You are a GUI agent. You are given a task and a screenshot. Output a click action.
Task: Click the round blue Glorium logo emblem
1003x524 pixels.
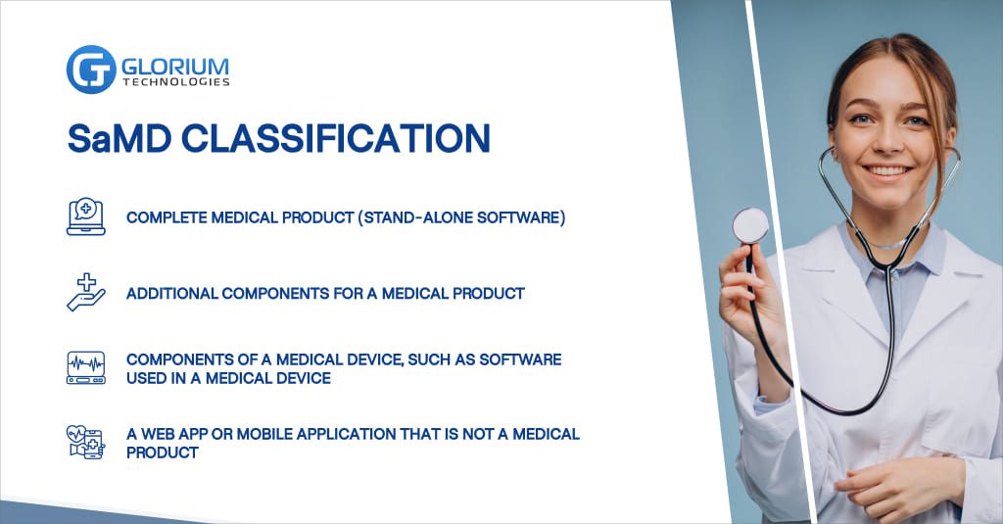(91, 70)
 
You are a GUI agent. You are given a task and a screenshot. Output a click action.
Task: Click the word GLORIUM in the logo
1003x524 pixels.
(175, 67)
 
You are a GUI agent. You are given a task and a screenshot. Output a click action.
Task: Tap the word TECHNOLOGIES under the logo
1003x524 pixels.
(176, 82)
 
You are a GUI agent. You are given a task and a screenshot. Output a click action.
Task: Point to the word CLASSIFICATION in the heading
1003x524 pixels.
(336, 138)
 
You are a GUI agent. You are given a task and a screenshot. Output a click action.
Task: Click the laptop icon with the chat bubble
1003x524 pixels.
(86, 216)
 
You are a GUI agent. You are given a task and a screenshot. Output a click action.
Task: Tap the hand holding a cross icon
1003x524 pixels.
(86, 293)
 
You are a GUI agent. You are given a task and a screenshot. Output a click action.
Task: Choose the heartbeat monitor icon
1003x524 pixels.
(86, 368)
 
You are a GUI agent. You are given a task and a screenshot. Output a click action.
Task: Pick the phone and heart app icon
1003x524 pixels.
(86, 442)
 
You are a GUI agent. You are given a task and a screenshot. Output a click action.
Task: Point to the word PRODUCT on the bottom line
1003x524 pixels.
(163, 453)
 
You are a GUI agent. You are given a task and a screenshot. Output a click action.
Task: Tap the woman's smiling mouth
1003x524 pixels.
(886, 171)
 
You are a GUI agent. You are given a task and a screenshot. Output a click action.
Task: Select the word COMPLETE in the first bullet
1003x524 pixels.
(167, 217)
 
